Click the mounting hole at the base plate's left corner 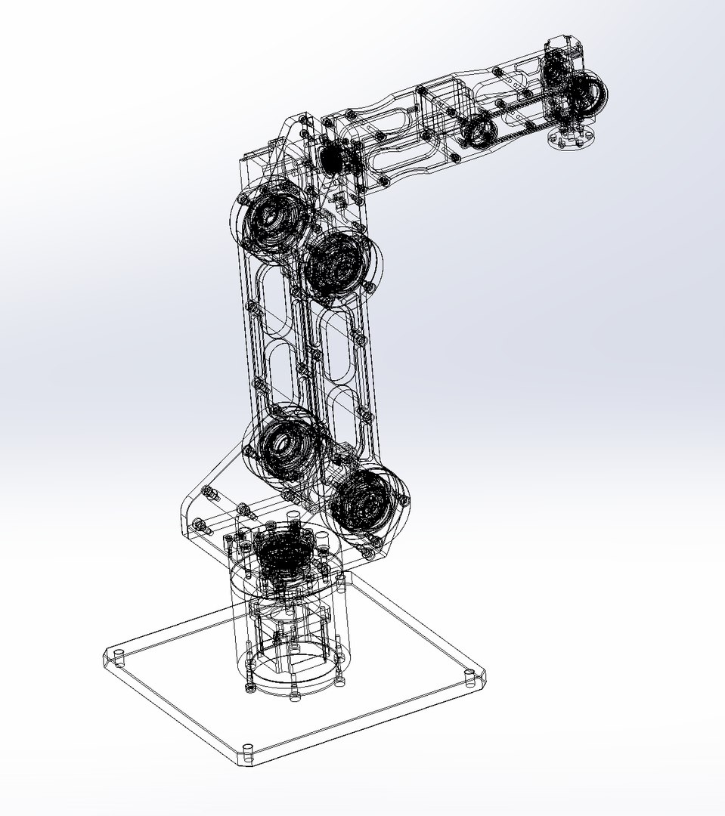(118, 654)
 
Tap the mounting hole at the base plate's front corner (246, 750)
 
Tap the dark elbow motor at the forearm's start (331, 156)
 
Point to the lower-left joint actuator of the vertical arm (280, 445)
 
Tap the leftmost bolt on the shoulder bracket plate (199, 523)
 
